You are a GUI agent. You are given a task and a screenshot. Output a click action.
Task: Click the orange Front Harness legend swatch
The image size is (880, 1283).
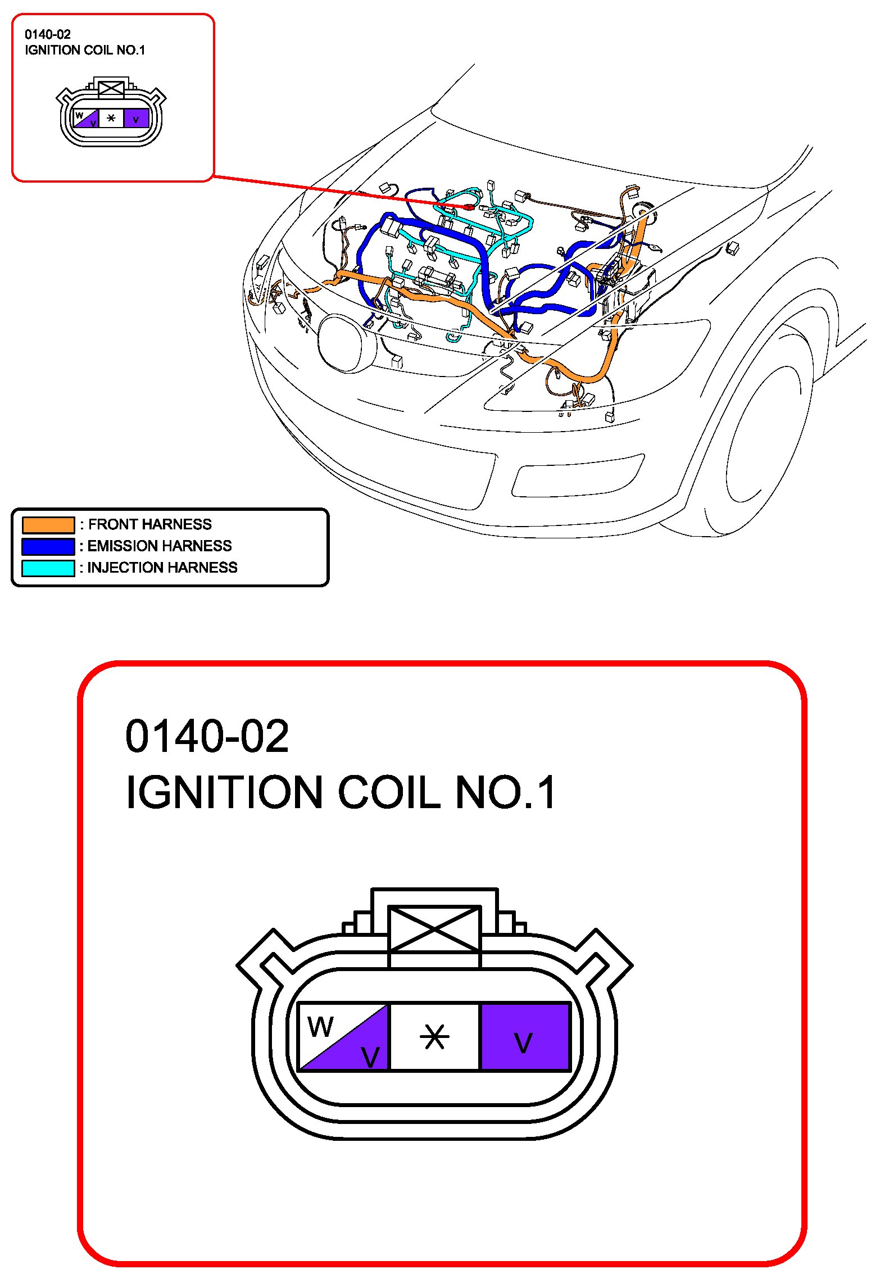[x=48, y=524]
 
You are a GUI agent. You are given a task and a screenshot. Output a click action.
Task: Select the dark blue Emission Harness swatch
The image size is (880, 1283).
[x=48, y=546]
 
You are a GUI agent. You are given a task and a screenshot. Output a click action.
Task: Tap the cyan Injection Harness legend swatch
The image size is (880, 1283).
[x=48, y=568]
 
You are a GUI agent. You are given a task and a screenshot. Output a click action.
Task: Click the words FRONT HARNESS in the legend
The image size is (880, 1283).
[x=150, y=524]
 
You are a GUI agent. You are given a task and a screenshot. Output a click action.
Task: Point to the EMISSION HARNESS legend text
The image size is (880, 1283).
[x=160, y=546]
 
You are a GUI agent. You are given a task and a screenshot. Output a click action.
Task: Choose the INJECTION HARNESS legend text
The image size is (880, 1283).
[x=162, y=568]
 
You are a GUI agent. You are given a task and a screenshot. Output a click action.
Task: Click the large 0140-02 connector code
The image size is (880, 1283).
[x=207, y=736]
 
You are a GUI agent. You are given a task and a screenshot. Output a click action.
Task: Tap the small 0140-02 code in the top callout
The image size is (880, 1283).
[x=48, y=34]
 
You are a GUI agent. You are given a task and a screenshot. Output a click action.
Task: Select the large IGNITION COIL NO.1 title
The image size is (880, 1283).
[x=341, y=792]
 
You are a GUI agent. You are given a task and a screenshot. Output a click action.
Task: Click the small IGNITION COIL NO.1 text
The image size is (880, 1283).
[x=85, y=50]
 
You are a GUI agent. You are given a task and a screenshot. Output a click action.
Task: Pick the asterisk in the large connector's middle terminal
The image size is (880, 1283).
[x=434, y=1037]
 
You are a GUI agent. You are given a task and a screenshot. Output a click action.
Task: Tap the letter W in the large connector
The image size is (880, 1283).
[x=320, y=1027]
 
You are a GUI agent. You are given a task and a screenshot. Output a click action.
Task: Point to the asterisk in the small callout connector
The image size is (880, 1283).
[x=111, y=118]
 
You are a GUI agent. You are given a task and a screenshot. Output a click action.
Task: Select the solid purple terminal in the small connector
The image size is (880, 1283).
[x=136, y=119]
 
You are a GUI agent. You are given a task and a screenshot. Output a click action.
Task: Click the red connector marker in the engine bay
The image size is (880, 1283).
[x=469, y=207]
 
